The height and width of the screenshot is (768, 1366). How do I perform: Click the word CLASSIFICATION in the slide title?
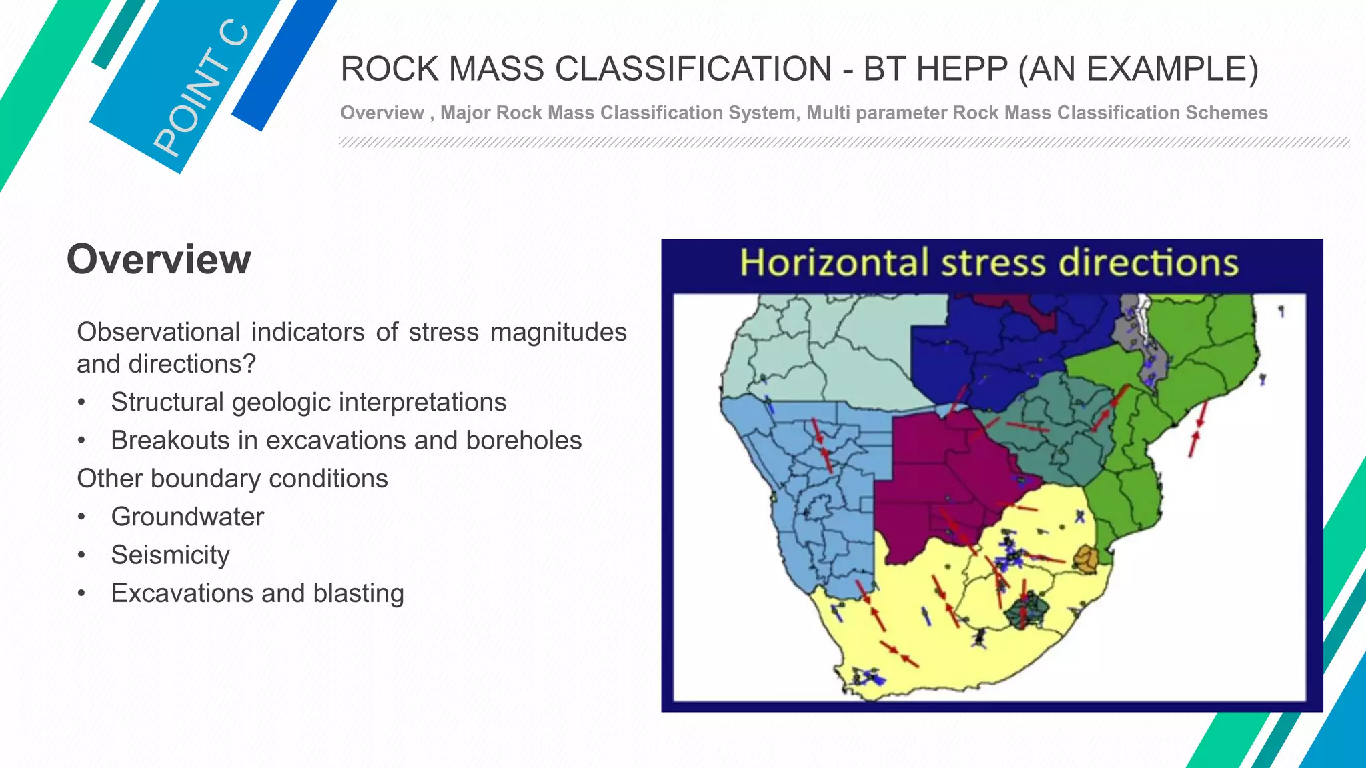click(693, 69)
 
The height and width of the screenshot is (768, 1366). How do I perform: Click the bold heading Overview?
click(159, 259)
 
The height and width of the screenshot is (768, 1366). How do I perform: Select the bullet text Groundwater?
click(187, 517)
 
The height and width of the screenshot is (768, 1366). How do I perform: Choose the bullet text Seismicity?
click(170, 555)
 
